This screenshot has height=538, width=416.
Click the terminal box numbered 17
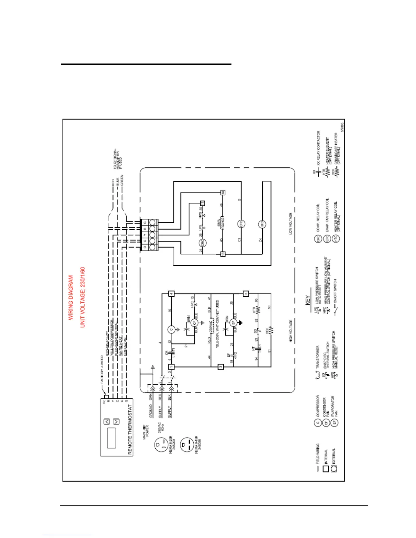[203, 203]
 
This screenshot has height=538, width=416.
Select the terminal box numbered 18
[223, 193]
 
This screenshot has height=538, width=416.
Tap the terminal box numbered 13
[223, 254]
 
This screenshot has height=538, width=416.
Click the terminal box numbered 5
[246, 293]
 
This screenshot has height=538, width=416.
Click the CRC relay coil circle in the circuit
[202, 243]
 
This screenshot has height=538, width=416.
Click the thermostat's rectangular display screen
[111, 438]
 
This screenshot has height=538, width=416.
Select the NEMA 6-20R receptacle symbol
[160, 444]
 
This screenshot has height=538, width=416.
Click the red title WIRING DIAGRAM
[71, 298]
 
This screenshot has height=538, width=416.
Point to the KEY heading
[308, 300]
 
